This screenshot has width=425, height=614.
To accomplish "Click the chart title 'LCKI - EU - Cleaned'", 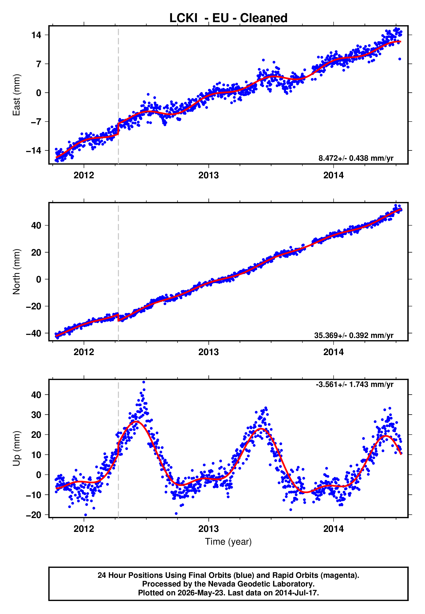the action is [228, 18].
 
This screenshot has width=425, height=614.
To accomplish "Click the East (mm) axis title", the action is [16, 95].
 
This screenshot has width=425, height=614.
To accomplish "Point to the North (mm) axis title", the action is [16, 272].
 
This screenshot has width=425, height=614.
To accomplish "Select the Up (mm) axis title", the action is [16, 448].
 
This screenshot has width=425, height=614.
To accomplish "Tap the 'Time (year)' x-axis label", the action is [228, 542].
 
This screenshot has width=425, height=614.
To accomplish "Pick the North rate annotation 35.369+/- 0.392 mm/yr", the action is [354, 335].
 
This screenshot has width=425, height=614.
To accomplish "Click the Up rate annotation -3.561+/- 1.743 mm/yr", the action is [354, 384].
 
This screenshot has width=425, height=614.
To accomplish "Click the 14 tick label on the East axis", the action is [36, 35].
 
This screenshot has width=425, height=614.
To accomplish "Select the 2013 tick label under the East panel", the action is [209, 175].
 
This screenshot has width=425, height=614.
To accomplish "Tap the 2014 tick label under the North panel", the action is [333, 352].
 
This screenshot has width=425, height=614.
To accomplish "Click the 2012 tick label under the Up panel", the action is [84, 529].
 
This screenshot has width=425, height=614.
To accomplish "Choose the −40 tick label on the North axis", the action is [34, 333].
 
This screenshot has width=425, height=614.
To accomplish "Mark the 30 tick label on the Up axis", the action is [36, 415].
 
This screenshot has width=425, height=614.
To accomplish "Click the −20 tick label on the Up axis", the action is [34, 515].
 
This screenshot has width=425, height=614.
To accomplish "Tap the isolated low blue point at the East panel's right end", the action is [400, 59].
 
